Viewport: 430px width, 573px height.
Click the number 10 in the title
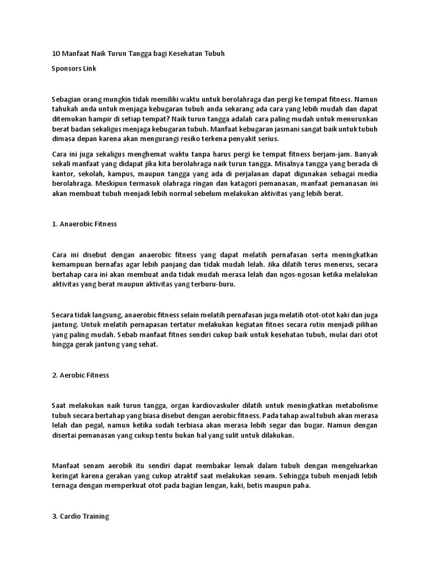click(55, 54)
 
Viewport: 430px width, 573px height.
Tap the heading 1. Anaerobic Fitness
click(84, 224)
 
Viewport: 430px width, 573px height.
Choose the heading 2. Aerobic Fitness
click(80, 375)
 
